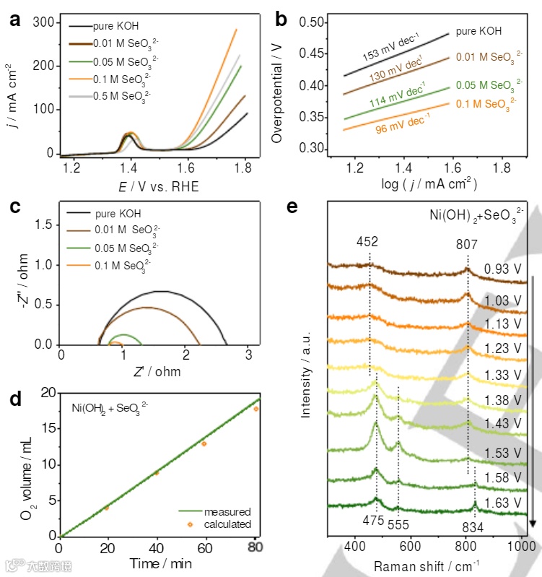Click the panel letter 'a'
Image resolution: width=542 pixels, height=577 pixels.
point(13,19)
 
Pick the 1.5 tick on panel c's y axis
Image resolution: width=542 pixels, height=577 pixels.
point(46,225)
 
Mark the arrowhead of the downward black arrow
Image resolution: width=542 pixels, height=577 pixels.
point(533,523)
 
